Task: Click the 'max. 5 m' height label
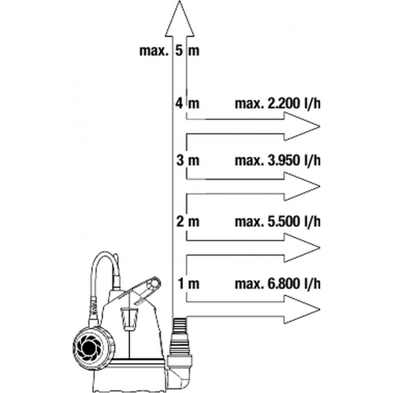169,51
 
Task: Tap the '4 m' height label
188,103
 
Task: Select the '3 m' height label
188,160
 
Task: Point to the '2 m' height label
188,222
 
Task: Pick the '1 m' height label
189,283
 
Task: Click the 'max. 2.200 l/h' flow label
278,103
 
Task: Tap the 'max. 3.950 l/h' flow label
278,161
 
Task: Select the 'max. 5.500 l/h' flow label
278,222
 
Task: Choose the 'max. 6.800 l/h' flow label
278,284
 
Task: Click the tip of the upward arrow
179,1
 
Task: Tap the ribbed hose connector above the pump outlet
180,336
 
